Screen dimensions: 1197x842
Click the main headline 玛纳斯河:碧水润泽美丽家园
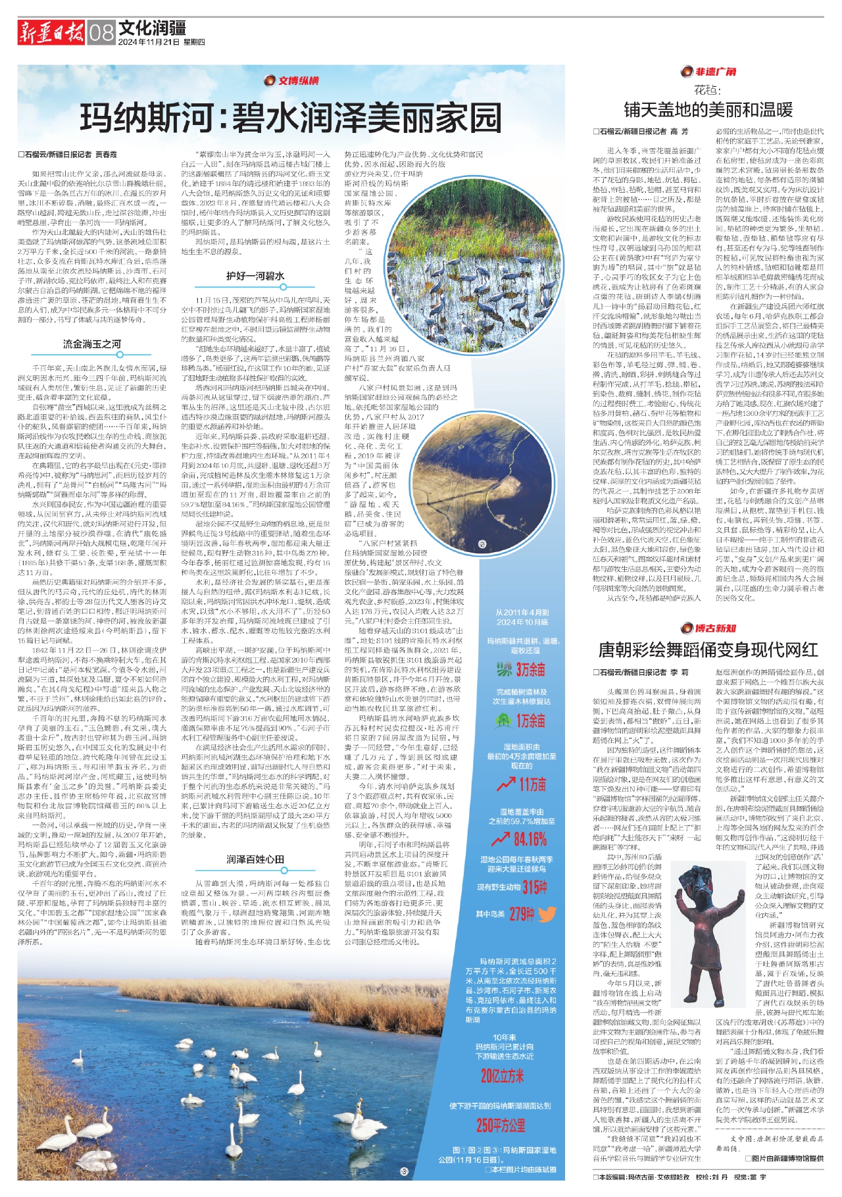[291, 118]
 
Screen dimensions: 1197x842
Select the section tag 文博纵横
[291, 81]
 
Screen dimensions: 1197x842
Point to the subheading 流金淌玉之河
[92, 344]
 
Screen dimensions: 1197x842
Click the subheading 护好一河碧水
[255, 276]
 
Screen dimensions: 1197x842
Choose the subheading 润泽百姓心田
[255, 859]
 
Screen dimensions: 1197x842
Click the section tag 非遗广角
[709, 72]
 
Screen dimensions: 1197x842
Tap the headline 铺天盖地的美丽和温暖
[708, 109]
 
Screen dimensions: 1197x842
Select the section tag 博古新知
[709, 628]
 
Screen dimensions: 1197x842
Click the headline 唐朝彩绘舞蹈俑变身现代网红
[708, 650]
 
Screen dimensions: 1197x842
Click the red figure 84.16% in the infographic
[522, 839]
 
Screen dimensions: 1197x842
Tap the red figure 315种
[534, 887]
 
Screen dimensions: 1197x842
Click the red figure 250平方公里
[501, 1125]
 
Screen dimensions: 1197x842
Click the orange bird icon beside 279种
[547, 914]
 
